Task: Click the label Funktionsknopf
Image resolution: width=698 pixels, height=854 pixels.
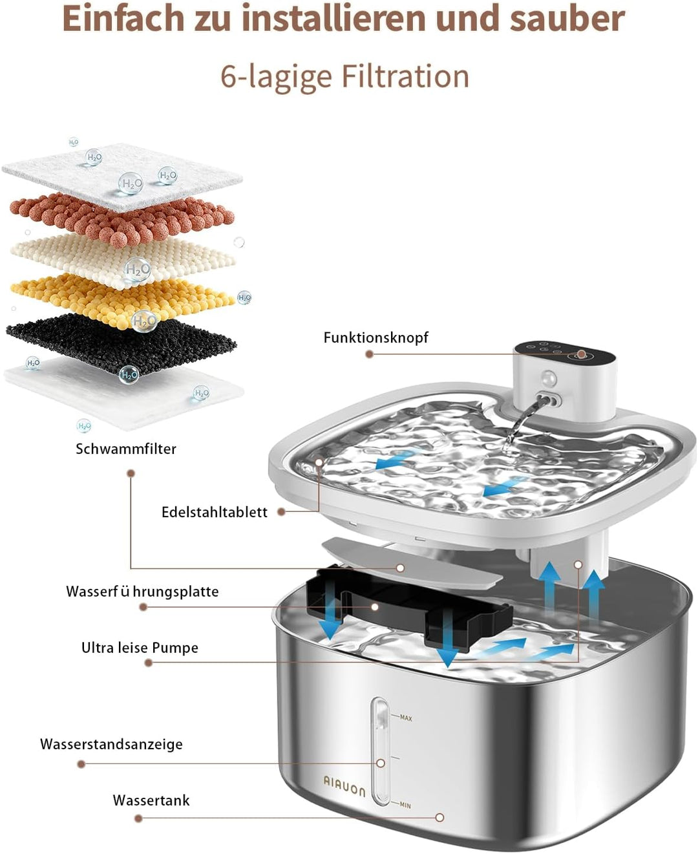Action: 375,337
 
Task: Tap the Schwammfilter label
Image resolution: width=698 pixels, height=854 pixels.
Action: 126,449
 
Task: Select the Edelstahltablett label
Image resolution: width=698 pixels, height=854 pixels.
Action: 214,512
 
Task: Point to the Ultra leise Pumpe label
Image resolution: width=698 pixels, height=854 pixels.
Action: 140,648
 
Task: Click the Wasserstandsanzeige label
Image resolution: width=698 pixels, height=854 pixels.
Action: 111,744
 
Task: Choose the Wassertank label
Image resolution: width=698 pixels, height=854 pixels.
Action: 151,800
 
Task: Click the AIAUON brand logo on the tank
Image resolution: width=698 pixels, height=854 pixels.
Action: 344,787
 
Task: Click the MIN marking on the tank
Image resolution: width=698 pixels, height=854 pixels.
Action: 405,806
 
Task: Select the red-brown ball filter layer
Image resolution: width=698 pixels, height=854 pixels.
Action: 122,219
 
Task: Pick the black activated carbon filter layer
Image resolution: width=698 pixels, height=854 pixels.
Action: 121,340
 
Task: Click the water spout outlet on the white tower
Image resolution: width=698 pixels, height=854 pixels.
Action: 549,400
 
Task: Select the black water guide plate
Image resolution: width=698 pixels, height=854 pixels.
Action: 409,608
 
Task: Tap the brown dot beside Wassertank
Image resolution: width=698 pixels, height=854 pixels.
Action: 138,818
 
